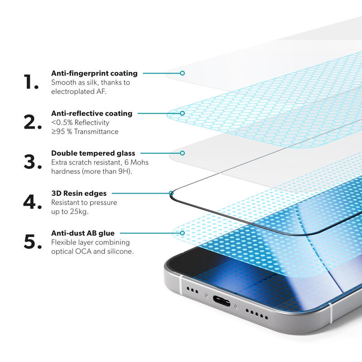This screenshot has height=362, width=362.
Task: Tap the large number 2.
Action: pos(33,122)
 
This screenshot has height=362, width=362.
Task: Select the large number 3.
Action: pos(33,162)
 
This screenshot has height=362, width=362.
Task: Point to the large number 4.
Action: pos(33,202)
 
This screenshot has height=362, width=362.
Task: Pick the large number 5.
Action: pos(33,242)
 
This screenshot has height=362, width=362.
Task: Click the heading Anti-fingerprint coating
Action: pos(94,73)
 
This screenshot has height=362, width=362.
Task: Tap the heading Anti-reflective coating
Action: pos(92,113)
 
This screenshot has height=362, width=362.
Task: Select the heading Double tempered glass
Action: pos(93,153)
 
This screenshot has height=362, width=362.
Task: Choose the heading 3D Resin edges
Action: pos(79,193)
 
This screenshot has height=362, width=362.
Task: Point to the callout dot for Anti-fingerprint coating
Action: pos(182,73)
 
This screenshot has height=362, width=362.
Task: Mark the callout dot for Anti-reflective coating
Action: pos(182,113)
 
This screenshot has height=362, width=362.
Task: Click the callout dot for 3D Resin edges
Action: pos(171,194)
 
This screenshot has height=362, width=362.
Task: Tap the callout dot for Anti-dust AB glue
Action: pos(182,233)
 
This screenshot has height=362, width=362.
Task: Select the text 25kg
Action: pos(80,212)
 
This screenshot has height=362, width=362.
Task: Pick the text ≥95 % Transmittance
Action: pos(85,132)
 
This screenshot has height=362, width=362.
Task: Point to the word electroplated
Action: pos(71,91)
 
